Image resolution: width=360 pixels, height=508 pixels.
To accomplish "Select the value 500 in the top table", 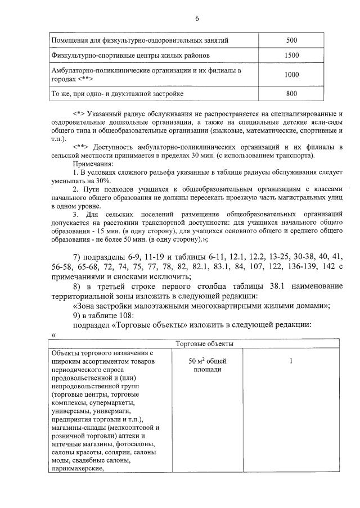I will point(291,40).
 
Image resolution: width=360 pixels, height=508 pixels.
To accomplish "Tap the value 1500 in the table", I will point(291,56).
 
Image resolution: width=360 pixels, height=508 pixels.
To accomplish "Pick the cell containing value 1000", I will point(291,74).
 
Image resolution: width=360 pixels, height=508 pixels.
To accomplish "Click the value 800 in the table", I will point(291,93).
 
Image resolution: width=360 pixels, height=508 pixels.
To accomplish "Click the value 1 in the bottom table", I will point(291,361).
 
